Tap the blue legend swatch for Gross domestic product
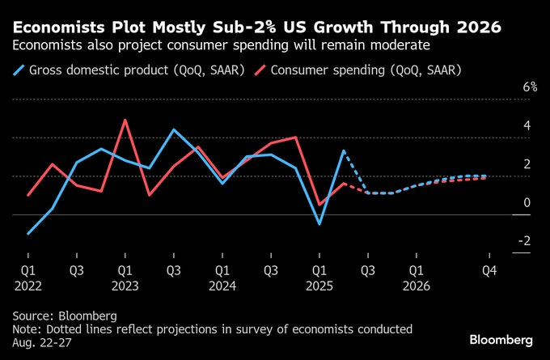pyautogui.click(x=19, y=70)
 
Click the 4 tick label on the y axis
pyautogui.click(x=527, y=126)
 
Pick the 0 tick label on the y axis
pyautogui.click(x=527, y=202)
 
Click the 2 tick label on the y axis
pyautogui.click(x=527, y=164)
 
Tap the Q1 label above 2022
pyautogui.click(x=27, y=269)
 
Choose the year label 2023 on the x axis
pyautogui.click(x=125, y=285)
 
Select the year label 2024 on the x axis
pyautogui.click(x=222, y=285)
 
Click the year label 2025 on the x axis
pyautogui.click(x=319, y=285)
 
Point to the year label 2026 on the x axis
pyautogui.click(x=417, y=285)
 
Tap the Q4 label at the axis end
pyautogui.click(x=489, y=269)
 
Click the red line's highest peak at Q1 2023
pyautogui.click(x=125, y=121)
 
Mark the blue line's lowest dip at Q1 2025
pyautogui.click(x=319, y=223)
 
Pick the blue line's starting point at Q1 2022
pyautogui.click(x=27, y=234)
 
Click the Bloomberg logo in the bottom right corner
pyautogui.click(x=501, y=337)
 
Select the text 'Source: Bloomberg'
pyautogui.click(x=65, y=315)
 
